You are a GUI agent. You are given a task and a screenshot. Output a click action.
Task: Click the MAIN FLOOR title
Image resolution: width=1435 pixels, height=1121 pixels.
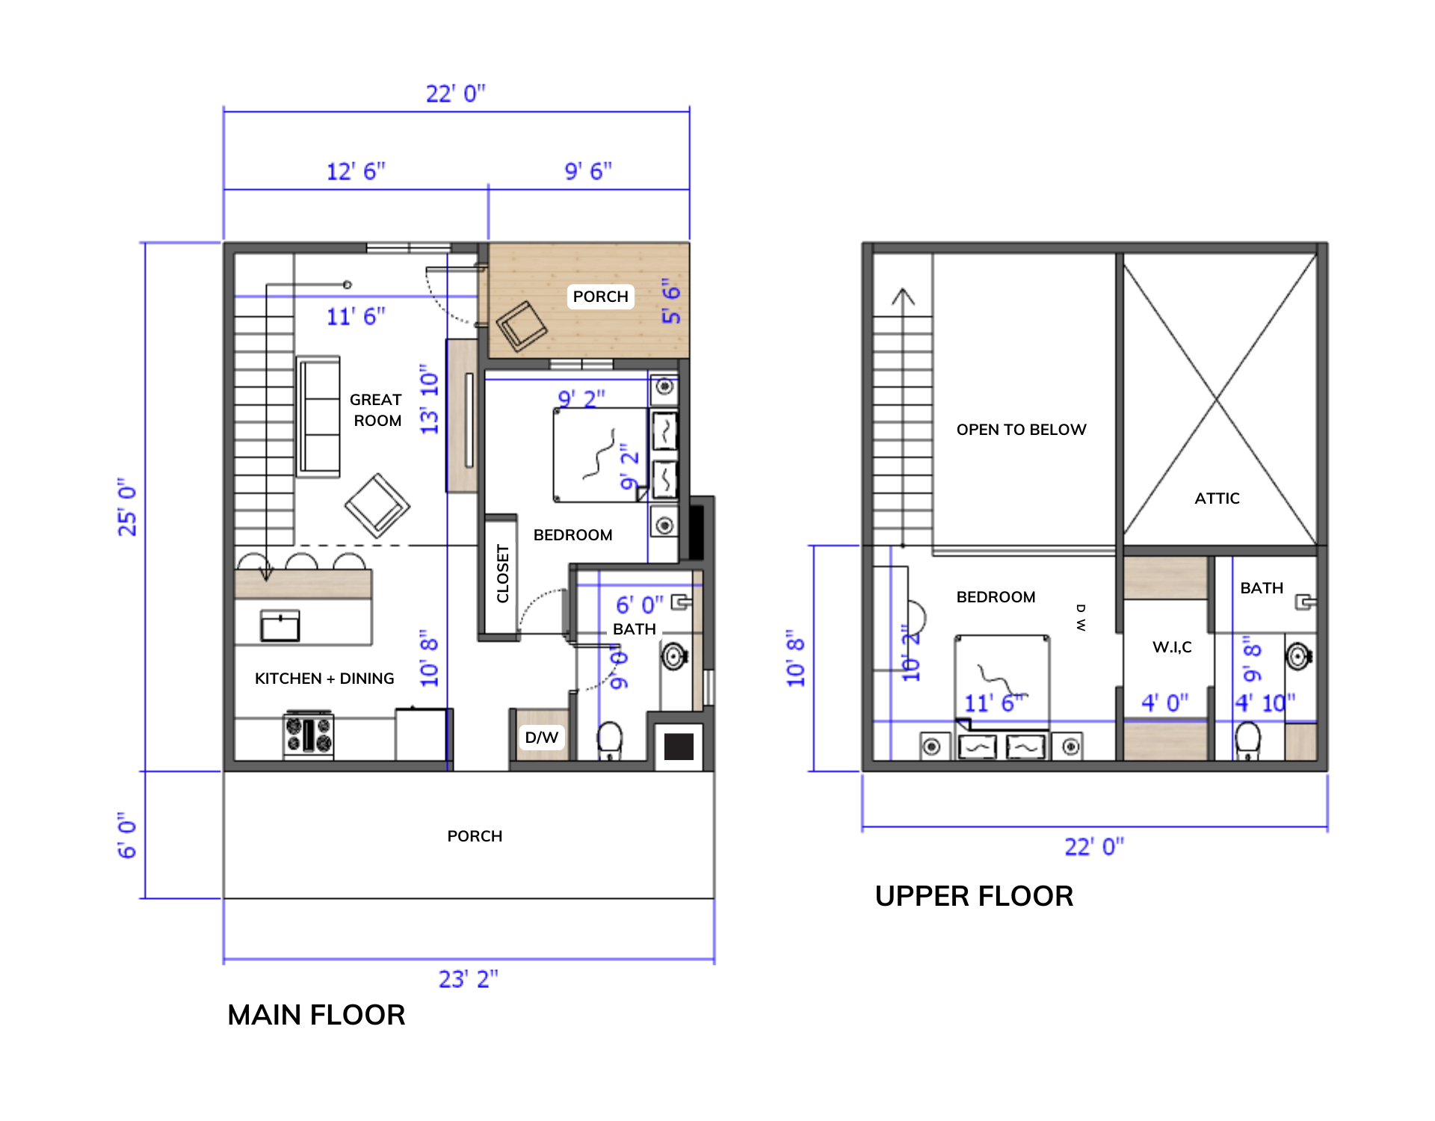pos(316,1015)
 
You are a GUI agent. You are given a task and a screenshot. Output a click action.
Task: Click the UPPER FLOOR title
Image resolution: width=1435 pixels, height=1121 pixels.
pos(974,896)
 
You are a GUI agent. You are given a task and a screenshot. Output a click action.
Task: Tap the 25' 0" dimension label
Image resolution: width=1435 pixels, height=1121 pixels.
pos(127,507)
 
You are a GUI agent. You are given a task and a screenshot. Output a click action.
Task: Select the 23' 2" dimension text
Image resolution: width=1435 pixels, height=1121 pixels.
pos(468,979)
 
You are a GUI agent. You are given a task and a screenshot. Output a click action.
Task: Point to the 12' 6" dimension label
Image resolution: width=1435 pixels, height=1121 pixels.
pos(356,171)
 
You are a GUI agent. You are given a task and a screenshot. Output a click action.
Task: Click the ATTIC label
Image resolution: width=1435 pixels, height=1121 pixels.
pos(1217,498)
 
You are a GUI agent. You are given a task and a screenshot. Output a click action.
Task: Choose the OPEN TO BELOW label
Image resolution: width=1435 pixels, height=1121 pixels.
pos(1021,430)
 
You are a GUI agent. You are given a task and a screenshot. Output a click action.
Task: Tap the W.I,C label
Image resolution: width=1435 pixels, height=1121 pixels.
pos(1172,647)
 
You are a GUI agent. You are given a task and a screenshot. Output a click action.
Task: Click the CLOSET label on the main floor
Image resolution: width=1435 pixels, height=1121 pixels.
pos(502,574)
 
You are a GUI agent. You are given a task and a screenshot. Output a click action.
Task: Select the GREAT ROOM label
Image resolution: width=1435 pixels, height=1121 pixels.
pos(377,410)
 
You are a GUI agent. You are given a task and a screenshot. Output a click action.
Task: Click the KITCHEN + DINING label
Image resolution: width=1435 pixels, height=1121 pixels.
pos(324,679)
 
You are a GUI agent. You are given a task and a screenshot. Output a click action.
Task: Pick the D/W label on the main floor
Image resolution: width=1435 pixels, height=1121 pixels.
pos(542,738)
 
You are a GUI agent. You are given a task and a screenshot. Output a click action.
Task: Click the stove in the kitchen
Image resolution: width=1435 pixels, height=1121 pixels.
pos(308,735)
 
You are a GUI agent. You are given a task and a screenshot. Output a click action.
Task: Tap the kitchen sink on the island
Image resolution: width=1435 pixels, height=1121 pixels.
pos(280,626)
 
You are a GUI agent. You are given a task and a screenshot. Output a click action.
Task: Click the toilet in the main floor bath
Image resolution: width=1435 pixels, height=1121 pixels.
pos(610,740)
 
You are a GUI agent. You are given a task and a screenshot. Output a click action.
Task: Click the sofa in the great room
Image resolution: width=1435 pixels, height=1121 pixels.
pos(319,416)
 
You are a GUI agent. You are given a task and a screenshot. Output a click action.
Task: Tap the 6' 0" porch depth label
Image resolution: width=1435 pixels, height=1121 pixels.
pos(127,836)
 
